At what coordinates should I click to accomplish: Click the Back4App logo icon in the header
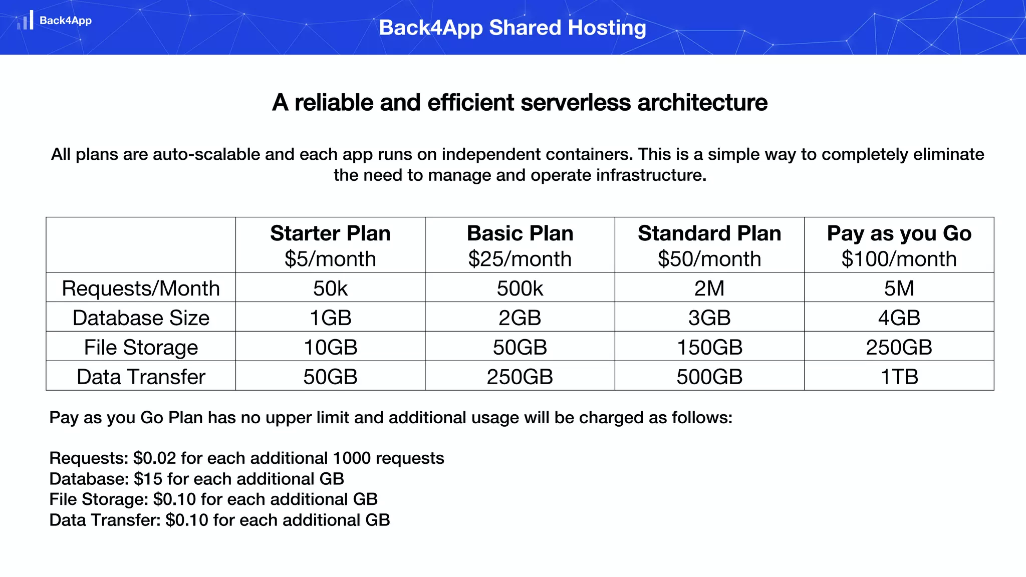(26, 21)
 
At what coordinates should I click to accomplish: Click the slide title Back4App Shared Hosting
(512, 28)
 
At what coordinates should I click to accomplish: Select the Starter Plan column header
(330, 233)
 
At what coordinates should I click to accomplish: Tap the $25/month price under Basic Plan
(520, 259)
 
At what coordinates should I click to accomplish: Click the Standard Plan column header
(709, 233)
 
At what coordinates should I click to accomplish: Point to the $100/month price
(899, 259)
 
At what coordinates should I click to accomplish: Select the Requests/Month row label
(141, 288)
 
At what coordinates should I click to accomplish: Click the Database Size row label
(141, 318)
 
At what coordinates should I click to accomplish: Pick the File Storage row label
(141, 348)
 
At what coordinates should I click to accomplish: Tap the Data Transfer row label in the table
(141, 377)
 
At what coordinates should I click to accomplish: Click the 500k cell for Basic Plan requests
(520, 288)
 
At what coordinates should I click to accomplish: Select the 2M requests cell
(709, 288)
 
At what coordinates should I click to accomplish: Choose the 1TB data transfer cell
(899, 377)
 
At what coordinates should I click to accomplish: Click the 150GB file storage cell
(709, 348)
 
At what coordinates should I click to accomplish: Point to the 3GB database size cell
(709, 318)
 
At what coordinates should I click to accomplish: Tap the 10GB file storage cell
(330, 348)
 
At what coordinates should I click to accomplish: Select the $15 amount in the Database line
(148, 479)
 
